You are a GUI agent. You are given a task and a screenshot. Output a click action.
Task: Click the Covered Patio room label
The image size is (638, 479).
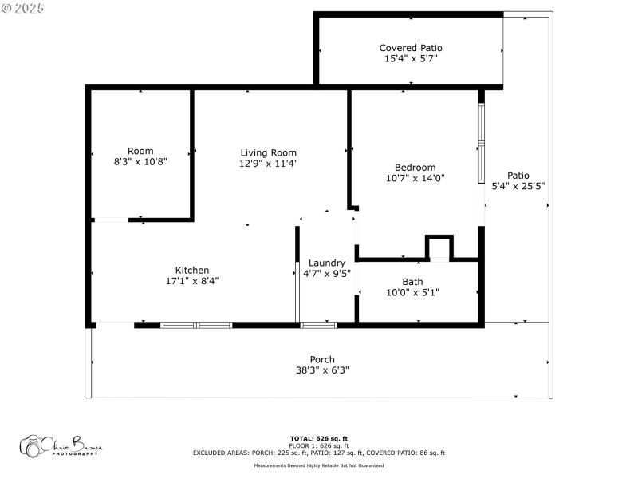click(410, 48)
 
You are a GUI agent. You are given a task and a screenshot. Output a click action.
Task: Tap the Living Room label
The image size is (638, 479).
click(269, 152)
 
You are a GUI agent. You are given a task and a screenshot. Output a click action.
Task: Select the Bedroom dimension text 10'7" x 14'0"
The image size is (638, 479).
click(415, 178)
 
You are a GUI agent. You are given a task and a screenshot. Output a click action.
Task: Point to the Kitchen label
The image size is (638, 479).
click(192, 270)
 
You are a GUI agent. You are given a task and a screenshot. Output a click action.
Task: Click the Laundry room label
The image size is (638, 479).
click(327, 263)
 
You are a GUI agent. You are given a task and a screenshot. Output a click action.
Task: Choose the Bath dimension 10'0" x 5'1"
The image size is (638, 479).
click(412, 292)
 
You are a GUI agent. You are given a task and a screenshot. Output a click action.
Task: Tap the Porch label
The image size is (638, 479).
click(322, 359)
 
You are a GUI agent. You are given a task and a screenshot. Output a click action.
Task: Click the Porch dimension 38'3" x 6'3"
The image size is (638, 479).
click(322, 370)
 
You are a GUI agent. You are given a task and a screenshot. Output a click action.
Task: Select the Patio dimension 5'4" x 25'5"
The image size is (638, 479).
click(518, 186)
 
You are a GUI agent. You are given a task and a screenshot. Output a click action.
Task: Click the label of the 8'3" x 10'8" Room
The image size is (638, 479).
click(140, 151)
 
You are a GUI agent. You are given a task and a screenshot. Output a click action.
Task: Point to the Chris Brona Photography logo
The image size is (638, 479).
click(60, 445)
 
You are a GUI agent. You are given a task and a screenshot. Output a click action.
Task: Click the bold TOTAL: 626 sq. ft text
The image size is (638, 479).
click(318, 438)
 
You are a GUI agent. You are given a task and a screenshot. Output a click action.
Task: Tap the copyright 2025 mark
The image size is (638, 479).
click(23, 7)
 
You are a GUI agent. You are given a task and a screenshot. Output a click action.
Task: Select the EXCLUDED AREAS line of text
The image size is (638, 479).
click(318, 453)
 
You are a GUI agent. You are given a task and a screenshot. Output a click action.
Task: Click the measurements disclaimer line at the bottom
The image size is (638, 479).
click(318, 465)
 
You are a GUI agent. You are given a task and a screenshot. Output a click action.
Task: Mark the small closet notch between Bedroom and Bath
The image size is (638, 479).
click(439, 248)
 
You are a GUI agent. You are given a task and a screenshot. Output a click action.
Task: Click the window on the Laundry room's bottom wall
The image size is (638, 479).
click(319, 325)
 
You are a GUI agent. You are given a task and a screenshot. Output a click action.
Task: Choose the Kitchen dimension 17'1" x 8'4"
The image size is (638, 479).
click(192, 281)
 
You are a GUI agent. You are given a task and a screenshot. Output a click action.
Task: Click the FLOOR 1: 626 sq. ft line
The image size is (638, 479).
click(318, 445)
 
